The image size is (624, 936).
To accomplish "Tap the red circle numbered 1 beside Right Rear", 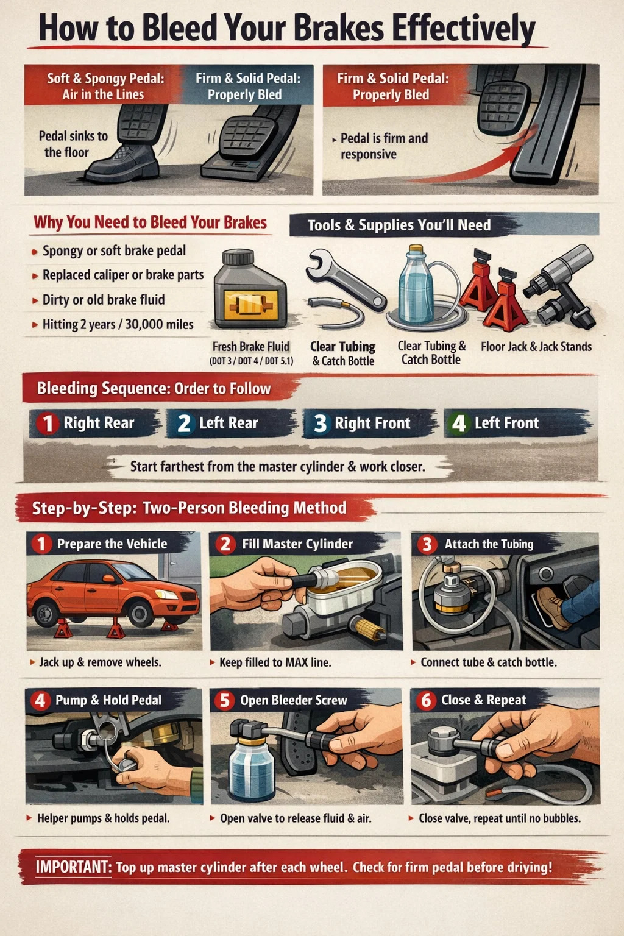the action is click(x=48, y=423).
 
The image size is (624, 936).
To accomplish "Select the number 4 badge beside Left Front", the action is click(x=458, y=423).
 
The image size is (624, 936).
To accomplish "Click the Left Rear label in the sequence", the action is click(x=229, y=423).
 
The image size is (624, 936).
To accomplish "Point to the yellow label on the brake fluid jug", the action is click(x=251, y=304).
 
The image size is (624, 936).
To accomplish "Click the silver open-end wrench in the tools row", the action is click(x=346, y=278).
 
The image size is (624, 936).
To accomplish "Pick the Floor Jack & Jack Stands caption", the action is click(x=536, y=346).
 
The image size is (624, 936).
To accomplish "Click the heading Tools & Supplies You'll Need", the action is click(x=399, y=225).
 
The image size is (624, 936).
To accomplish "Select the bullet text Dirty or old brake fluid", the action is click(x=104, y=300).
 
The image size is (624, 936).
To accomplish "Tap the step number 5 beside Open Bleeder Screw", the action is click(x=225, y=700).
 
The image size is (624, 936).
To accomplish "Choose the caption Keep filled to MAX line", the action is click(x=275, y=662).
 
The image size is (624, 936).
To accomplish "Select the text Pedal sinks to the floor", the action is click(x=73, y=144).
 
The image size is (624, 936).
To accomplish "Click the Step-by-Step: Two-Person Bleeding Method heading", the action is click(x=190, y=508).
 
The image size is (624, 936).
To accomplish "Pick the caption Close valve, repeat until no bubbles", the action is click(x=500, y=818).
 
